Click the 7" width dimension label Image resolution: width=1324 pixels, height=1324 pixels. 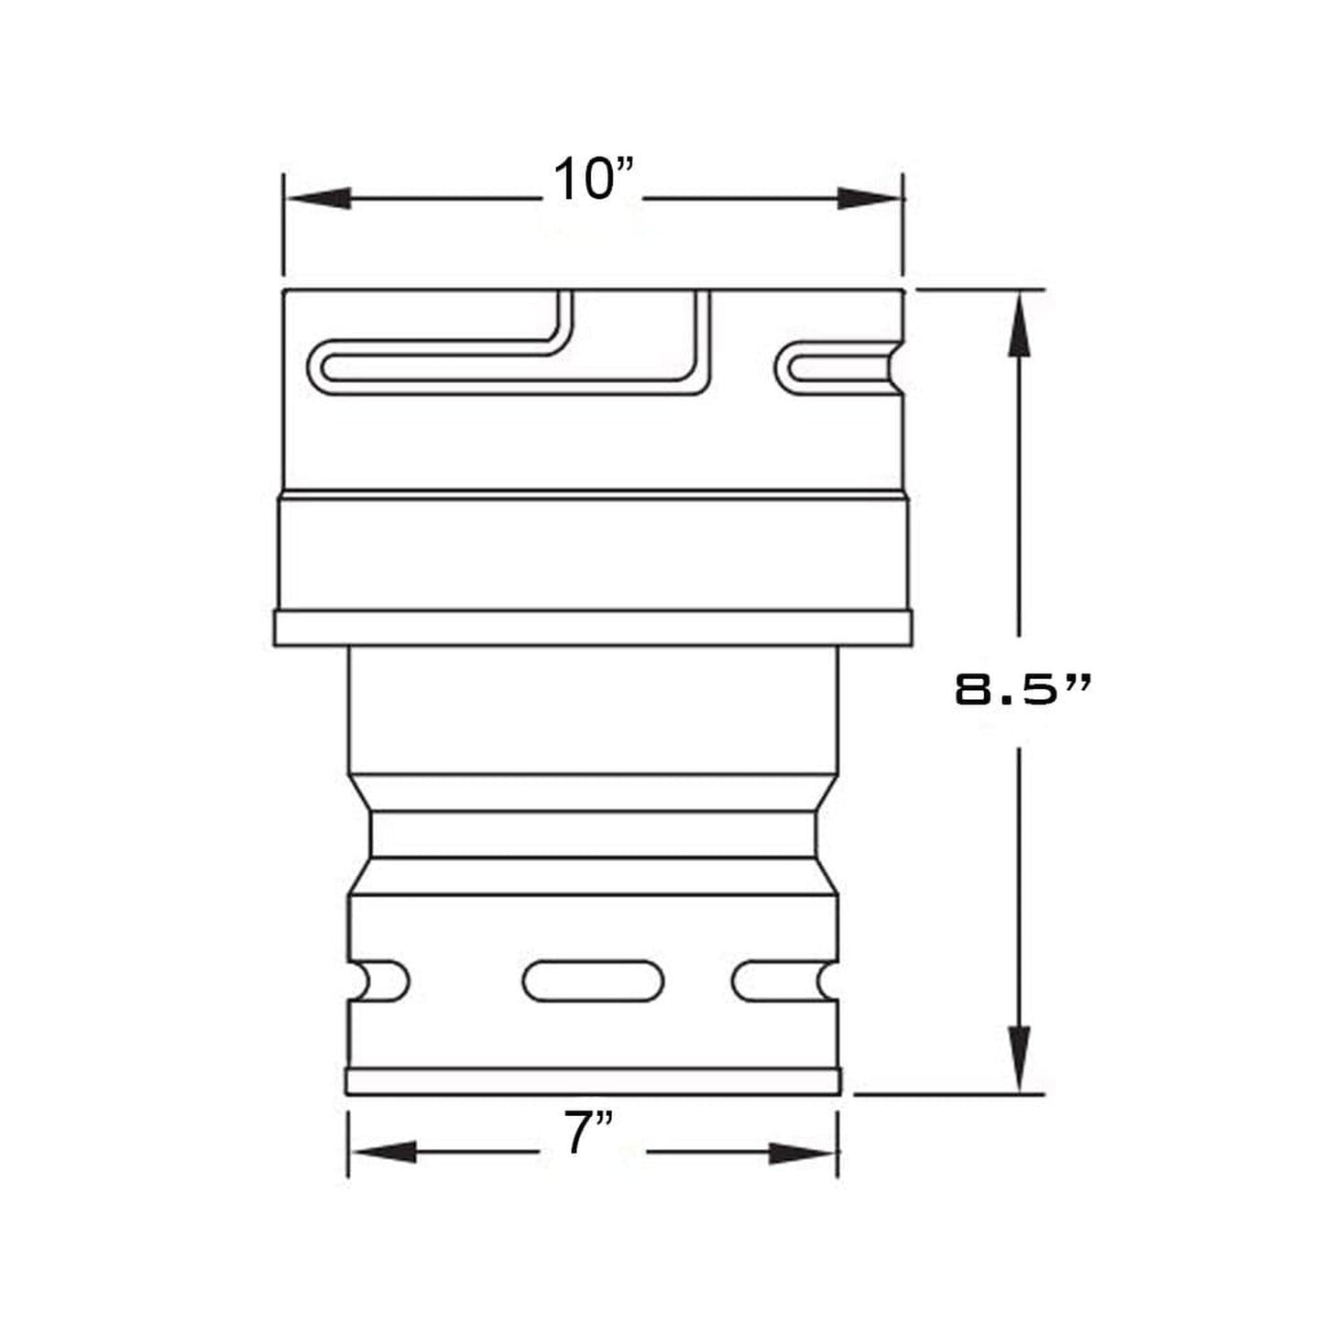tap(588, 1134)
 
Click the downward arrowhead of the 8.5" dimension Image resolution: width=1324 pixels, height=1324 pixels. tap(1019, 1058)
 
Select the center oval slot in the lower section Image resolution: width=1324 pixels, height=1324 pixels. tap(593, 981)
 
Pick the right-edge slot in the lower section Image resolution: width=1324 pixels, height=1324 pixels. tap(784, 981)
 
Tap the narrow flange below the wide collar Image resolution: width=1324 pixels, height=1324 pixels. tap(593, 629)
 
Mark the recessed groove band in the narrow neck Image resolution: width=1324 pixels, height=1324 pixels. tap(593, 835)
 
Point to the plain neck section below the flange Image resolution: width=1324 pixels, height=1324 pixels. tap(593, 710)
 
